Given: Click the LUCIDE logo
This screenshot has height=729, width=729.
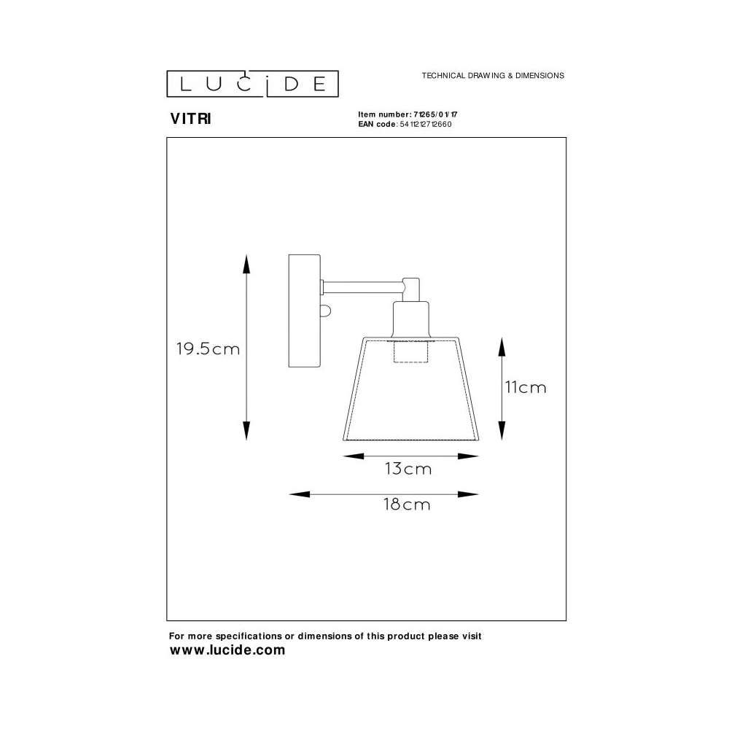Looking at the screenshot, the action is point(252,84).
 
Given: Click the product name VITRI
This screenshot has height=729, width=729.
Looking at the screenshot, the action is point(190,119).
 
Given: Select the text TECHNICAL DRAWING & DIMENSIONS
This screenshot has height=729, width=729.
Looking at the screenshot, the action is point(493,75).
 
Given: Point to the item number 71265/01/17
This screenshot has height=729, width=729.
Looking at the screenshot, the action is point(435,114).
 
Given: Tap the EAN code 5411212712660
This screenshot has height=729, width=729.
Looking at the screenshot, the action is point(426,124).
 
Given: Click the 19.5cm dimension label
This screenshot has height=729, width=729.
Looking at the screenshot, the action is point(208,348).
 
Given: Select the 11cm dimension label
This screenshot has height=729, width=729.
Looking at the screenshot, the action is point(526,387).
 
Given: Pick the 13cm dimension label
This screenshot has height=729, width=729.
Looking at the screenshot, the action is point(408,469).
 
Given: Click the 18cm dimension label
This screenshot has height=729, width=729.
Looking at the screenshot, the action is point(407,504).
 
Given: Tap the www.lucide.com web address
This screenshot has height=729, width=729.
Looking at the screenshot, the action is point(227,650).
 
